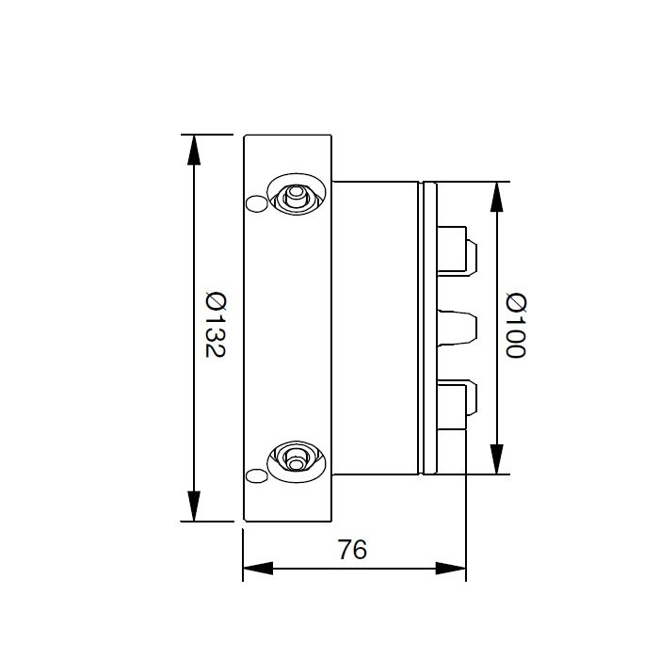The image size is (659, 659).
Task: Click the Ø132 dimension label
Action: click(x=216, y=325)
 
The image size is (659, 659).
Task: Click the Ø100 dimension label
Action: click(x=516, y=325)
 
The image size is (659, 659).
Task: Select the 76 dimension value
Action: click(x=353, y=549)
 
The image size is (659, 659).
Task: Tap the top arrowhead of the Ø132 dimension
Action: click(x=194, y=150)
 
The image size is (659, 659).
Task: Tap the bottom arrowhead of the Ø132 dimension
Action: click(x=194, y=506)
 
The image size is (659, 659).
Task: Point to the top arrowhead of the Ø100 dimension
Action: click(x=497, y=197)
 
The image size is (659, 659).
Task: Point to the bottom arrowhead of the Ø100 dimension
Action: click(x=497, y=459)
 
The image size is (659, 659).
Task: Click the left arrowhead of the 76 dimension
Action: click(x=258, y=569)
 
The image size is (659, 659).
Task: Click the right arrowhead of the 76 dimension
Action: click(x=451, y=569)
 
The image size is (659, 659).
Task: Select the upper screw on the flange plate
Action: click(x=297, y=194)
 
